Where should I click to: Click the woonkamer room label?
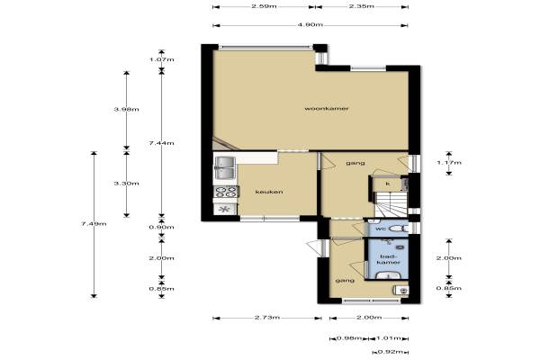pos(327,108)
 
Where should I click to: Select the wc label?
pos(381,229)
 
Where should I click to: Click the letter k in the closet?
pos(388,184)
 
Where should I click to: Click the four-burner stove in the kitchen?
pos(226,192)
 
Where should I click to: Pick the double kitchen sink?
pos(224,167)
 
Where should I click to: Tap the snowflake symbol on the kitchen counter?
pos(224,209)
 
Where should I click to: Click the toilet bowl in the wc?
pos(397,229)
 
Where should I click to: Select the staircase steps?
pos(391,204)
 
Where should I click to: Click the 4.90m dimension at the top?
pos(310,25)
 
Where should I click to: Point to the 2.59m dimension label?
pos(264,6)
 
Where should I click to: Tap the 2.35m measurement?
pos(362,6)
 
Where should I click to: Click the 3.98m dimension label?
pos(126,110)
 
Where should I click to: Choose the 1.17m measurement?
pos(449,163)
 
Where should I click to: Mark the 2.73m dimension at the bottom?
pos(267,318)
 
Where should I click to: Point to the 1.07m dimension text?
pos(161,59)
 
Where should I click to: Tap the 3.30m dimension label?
pos(126,184)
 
